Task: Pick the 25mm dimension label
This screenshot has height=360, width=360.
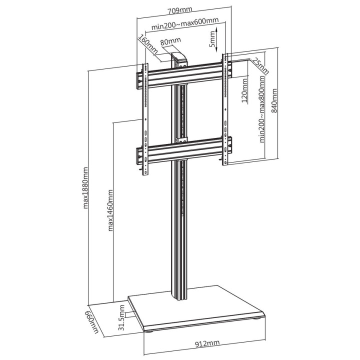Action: pos(260,65)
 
